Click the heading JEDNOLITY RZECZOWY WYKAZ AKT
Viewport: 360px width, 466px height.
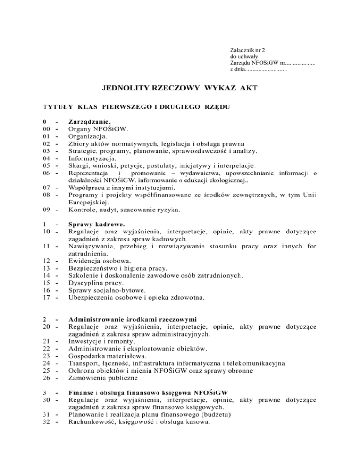point(180,88)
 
